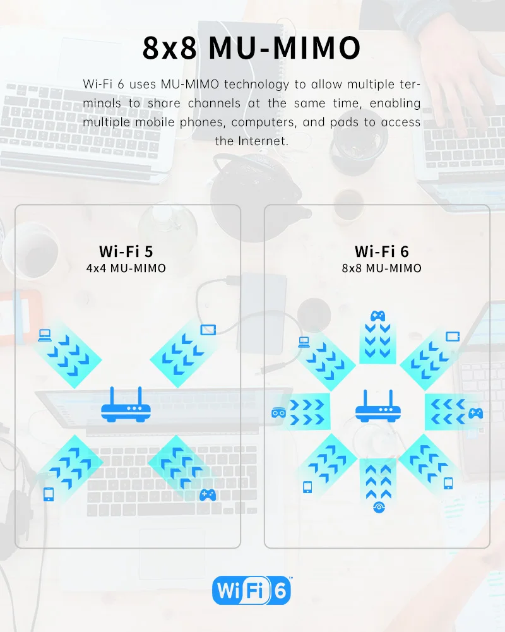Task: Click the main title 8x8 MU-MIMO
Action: (252, 47)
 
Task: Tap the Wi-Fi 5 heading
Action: (126, 251)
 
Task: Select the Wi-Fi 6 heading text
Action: (381, 251)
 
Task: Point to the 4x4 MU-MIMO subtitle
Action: (126, 268)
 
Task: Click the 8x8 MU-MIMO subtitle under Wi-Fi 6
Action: (381, 268)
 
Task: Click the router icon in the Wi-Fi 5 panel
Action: (126, 406)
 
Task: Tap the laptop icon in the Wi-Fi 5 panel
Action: (44, 335)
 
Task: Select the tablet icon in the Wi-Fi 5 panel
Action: (208, 330)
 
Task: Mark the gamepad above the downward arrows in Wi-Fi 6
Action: (377, 315)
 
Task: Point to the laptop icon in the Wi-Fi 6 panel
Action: (304, 342)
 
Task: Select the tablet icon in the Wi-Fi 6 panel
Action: (452, 337)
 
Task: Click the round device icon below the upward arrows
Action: (378, 506)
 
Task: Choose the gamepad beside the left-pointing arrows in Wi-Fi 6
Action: (475, 414)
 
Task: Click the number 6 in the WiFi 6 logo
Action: (280, 592)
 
